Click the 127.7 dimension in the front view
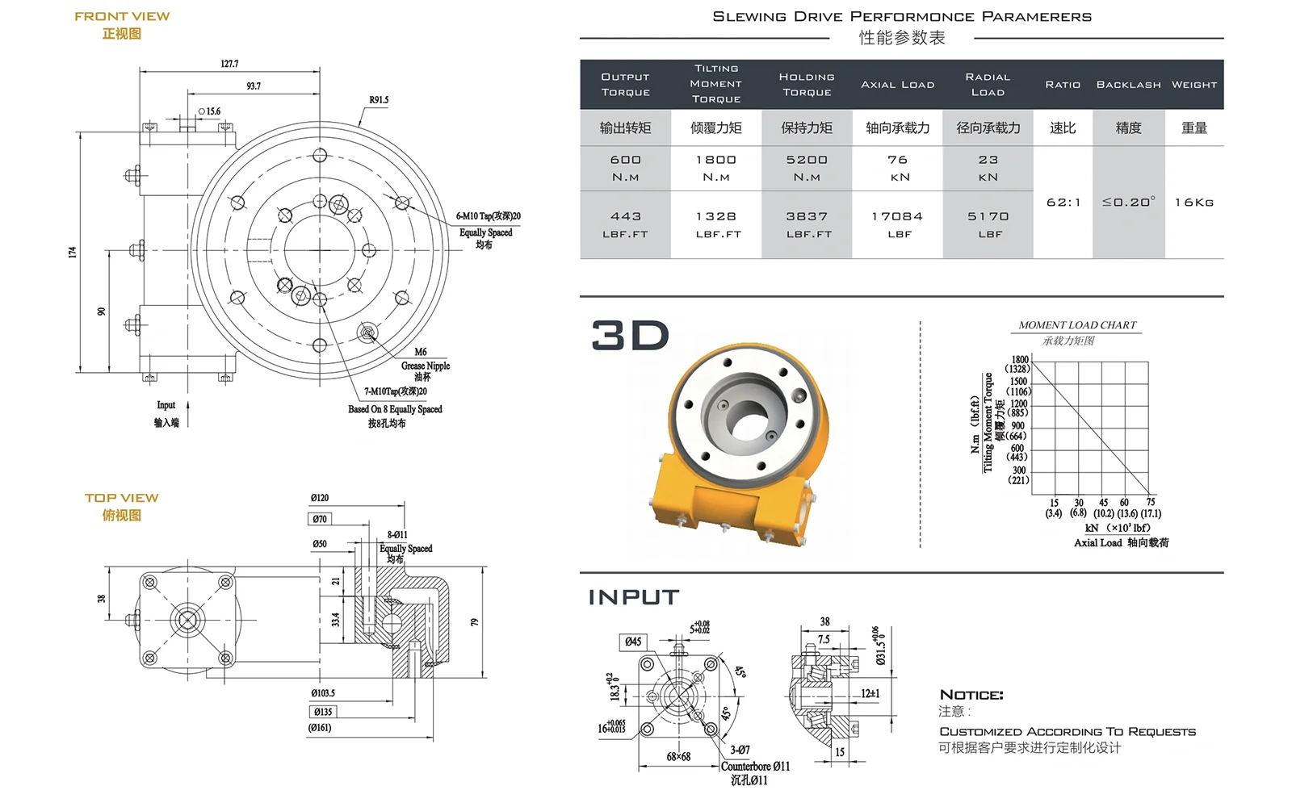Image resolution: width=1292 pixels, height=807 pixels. [229, 64]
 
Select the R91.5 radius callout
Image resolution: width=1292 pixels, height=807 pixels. [379, 100]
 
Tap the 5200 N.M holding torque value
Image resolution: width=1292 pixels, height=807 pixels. [807, 168]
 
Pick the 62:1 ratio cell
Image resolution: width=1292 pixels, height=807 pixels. [1063, 203]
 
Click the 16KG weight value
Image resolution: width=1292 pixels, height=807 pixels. [1194, 203]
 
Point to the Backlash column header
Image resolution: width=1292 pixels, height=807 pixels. [1128, 85]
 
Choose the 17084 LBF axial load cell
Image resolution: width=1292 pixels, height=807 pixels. [897, 224]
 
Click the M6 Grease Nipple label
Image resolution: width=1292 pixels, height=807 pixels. [424, 364]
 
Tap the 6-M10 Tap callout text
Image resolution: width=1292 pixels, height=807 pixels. [488, 216]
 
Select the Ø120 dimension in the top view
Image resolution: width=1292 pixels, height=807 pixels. [320, 498]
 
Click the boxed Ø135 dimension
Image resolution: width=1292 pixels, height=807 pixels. [323, 712]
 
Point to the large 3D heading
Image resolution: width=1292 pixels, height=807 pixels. [631, 336]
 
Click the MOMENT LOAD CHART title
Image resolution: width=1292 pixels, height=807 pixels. [1077, 325]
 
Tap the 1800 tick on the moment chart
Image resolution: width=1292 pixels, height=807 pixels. [1020, 360]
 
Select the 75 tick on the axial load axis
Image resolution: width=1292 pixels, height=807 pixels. [1151, 502]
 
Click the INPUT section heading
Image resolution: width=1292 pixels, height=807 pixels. [634, 597]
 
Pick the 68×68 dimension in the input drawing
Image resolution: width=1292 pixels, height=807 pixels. [678, 757]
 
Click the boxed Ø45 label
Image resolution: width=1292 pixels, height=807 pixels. [633, 642]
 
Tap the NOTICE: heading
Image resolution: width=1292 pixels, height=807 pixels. [971, 695]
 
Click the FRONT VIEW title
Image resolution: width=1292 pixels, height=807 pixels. [122, 16]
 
